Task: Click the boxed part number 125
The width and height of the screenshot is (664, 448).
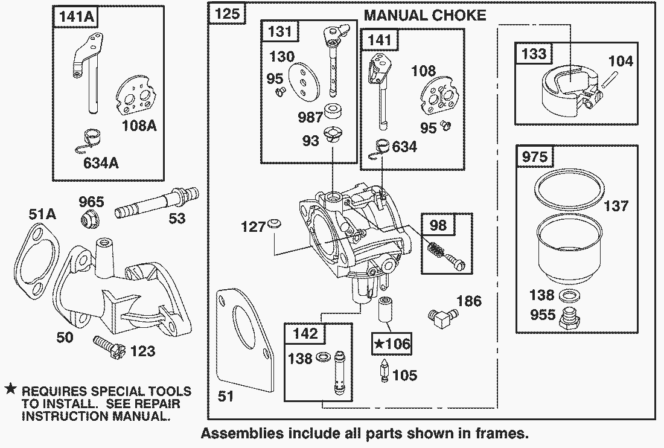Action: (227, 14)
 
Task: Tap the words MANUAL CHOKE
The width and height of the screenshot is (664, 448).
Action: (425, 15)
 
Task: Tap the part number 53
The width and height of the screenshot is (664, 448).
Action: (177, 219)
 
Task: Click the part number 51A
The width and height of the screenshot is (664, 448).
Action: (42, 214)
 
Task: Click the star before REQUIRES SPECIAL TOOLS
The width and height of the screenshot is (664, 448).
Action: (10, 390)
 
